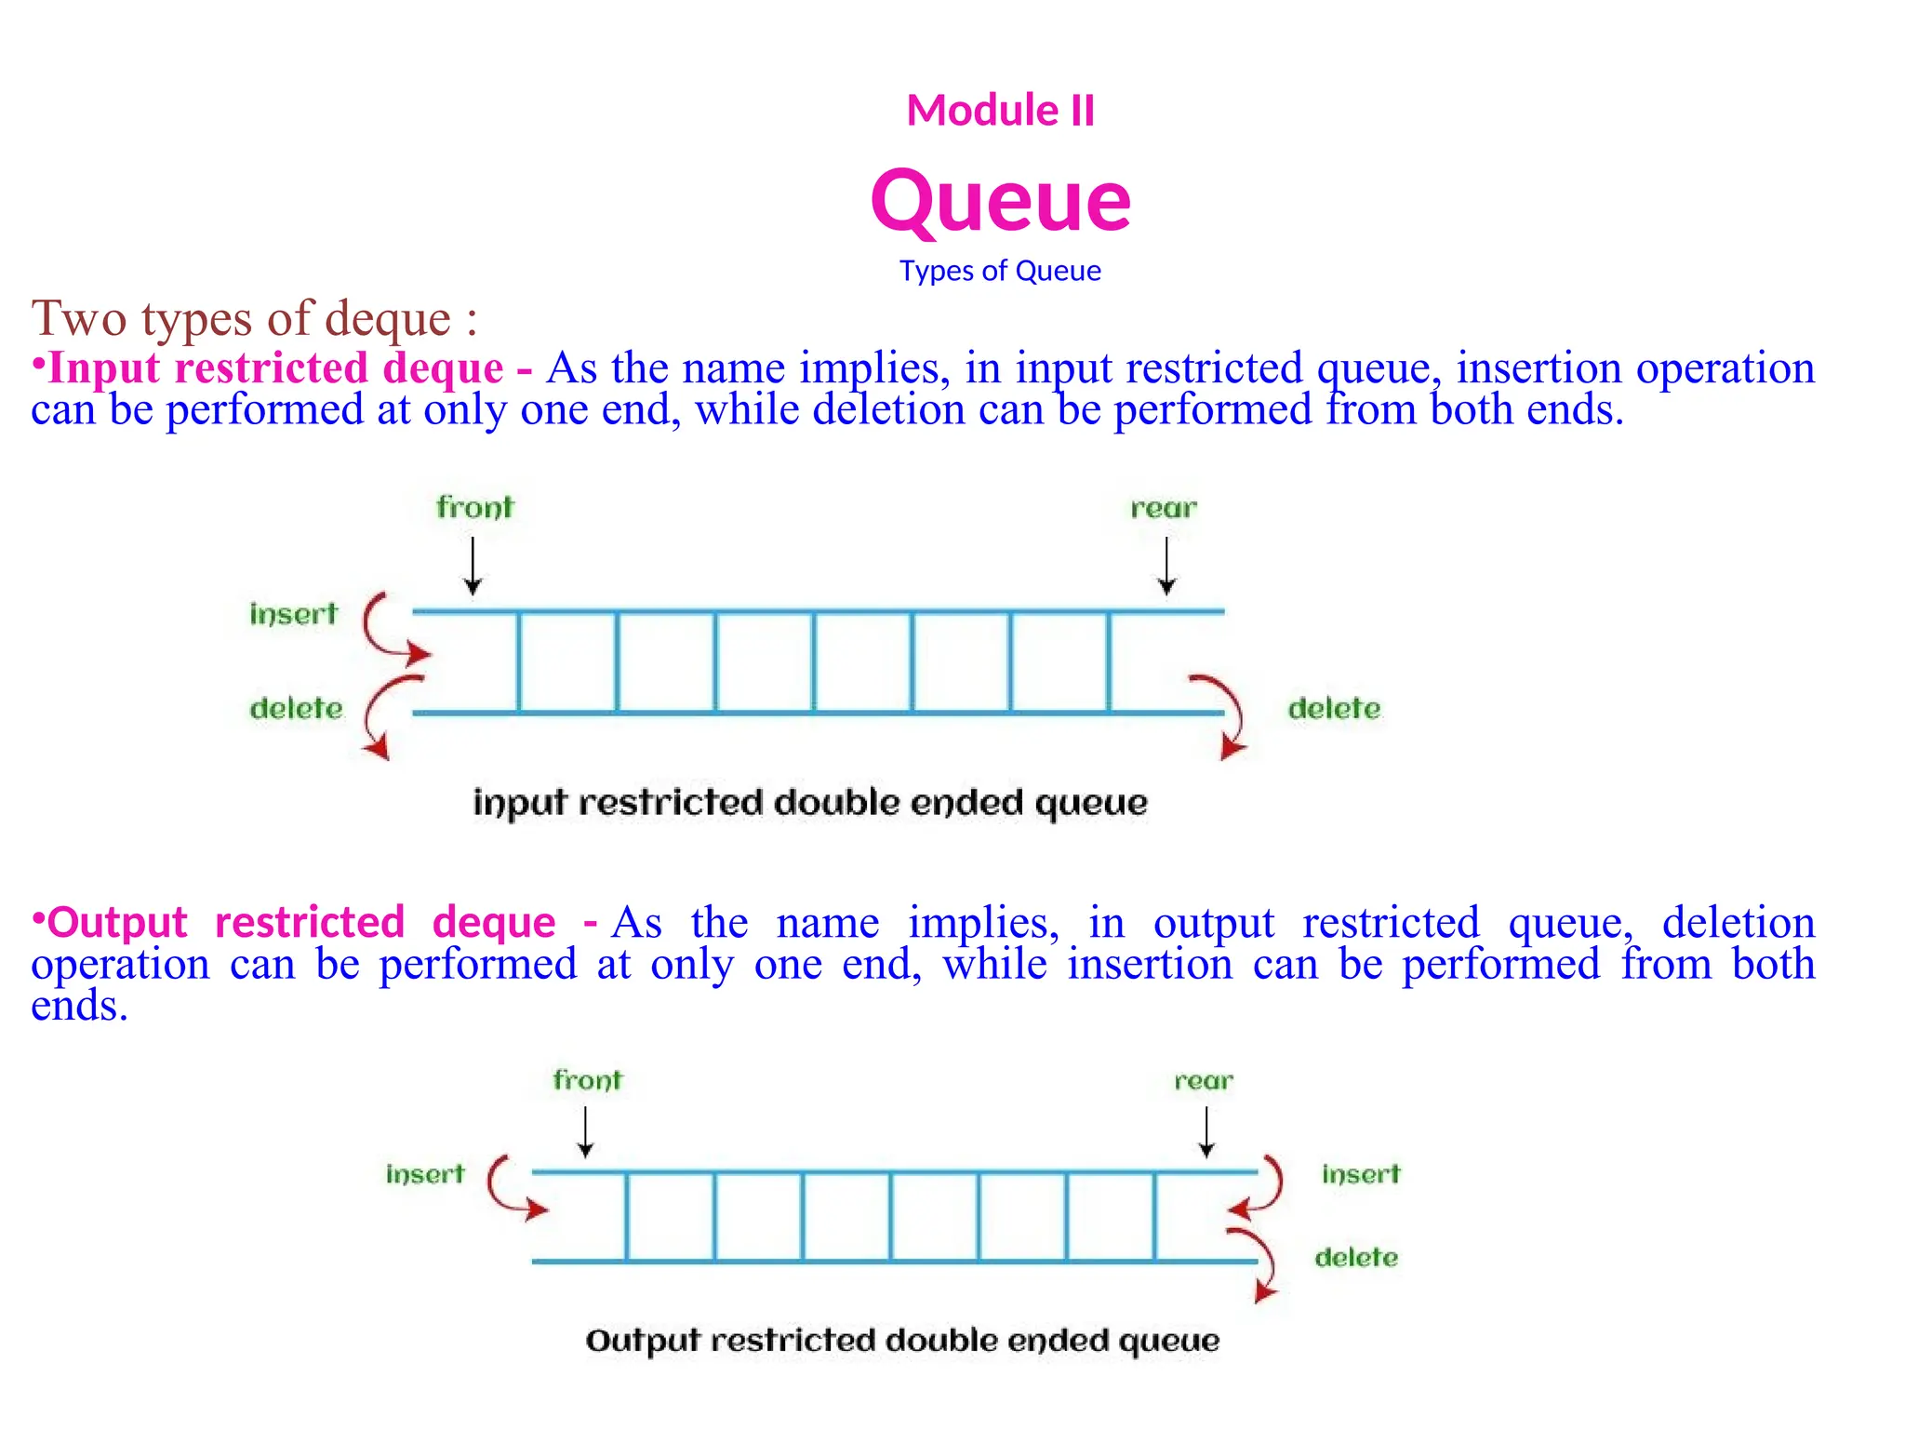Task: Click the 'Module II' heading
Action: (1000, 111)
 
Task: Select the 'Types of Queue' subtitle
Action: (1000, 271)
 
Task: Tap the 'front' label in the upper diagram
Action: (474, 508)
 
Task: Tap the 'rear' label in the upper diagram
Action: (1164, 509)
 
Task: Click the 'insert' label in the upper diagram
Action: (293, 614)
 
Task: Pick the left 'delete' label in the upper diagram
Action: (296, 709)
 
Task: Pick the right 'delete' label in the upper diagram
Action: (1334, 709)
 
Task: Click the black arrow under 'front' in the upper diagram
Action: (473, 566)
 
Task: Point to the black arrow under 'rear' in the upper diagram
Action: (1166, 566)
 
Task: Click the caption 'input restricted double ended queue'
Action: (810, 803)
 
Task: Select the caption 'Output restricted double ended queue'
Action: (902, 1341)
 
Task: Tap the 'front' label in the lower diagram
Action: (587, 1080)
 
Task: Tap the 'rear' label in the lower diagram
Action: (1204, 1081)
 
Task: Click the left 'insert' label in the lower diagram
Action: (425, 1174)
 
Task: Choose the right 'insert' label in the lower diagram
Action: (1361, 1174)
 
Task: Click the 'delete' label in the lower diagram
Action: (1356, 1258)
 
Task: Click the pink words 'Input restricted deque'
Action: (275, 368)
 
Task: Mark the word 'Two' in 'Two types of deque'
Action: (79, 318)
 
